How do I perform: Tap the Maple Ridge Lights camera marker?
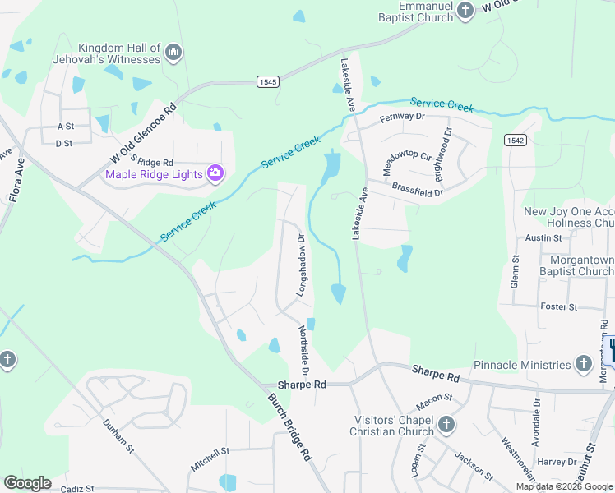point(215,173)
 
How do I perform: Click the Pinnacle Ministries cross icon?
point(583,364)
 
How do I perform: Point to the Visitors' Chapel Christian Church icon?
point(446,425)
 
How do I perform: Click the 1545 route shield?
point(267,81)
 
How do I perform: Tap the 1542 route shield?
point(516,141)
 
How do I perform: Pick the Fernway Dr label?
point(401,118)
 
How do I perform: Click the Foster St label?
point(559,306)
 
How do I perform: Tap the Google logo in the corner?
point(27,482)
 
